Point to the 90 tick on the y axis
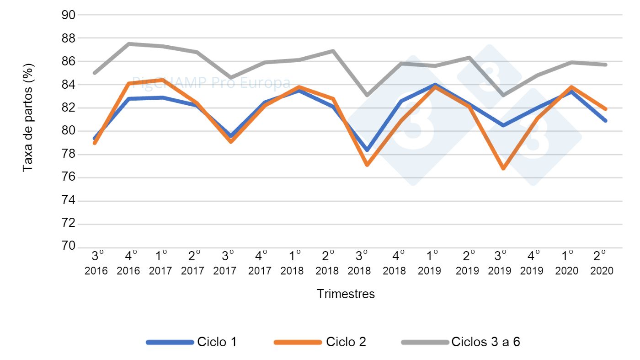point(68,15)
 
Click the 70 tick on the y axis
point(68,247)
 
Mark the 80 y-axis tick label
point(68,131)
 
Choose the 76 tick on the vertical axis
point(68,177)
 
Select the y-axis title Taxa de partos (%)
point(28,117)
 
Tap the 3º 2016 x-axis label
point(96,263)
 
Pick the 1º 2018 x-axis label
point(293,263)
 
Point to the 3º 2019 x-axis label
point(500,263)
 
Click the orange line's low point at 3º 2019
point(503,168)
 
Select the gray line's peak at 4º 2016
point(129,44)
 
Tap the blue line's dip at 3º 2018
point(367,150)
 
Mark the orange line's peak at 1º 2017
point(163,80)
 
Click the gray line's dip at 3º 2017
point(230,78)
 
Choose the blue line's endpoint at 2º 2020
point(606,121)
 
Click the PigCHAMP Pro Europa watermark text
point(211,83)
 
